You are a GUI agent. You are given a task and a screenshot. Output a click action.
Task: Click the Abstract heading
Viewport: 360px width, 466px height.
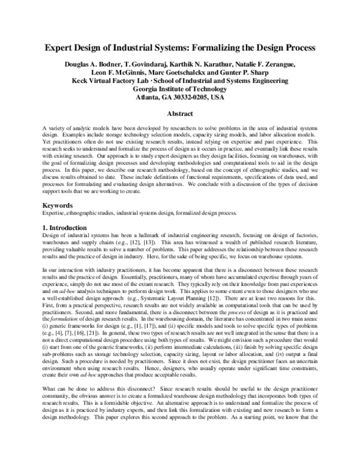point(180,114)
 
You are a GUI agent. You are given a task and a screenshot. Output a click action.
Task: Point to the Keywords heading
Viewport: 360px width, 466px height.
point(58,205)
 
